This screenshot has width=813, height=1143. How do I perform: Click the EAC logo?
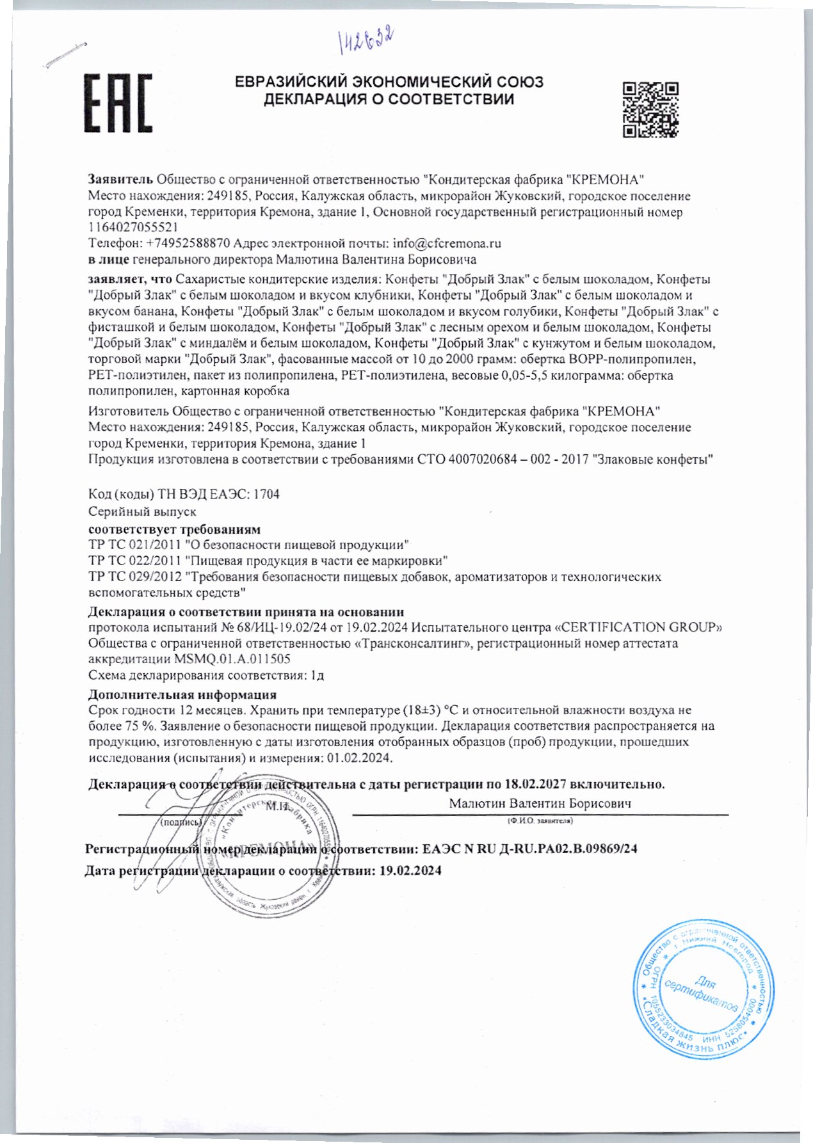(119, 103)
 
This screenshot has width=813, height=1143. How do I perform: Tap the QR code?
(650, 109)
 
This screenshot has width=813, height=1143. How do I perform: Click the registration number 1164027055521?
(133, 227)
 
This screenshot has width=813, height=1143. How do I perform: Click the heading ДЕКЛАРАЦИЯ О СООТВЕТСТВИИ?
(389, 100)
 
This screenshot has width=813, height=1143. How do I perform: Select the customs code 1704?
(267, 495)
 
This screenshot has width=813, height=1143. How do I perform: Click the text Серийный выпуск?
(142, 512)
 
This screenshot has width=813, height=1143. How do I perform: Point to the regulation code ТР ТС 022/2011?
(134, 561)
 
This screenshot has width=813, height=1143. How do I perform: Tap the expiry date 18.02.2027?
(536, 784)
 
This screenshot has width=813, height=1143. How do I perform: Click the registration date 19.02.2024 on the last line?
(410, 871)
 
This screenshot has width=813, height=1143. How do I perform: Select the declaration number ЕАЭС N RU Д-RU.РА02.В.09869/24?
(531, 849)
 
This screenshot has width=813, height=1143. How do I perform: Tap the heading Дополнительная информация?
(182, 694)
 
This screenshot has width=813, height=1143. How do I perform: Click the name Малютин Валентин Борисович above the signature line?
(540, 803)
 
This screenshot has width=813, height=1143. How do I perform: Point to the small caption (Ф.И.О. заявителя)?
(540, 820)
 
